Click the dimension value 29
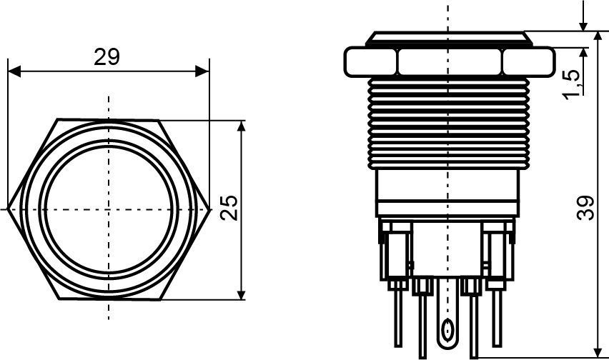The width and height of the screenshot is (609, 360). click(x=107, y=57)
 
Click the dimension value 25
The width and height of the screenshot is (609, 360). click(x=229, y=208)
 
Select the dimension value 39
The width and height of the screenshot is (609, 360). click(x=585, y=209)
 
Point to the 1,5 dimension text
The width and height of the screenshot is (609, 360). click(x=573, y=84)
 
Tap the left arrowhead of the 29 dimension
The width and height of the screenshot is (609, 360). click(x=14, y=71)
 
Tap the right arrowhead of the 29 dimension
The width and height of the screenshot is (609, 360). click(x=202, y=71)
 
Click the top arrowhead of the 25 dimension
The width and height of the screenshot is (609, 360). click(x=241, y=127)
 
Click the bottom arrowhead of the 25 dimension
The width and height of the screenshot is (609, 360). click(x=241, y=294)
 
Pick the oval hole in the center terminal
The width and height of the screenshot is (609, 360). click(x=447, y=329)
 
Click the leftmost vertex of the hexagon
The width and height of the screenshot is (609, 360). click(x=9, y=209)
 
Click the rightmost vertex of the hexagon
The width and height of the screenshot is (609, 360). click(x=209, y=209)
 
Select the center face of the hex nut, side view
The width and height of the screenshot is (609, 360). click(x=450, y=61)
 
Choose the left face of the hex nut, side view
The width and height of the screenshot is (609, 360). click(x=371, y=61)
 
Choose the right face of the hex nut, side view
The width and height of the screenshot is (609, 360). click(x=529, y=61)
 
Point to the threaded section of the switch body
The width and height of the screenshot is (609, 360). click(x=448, y=123)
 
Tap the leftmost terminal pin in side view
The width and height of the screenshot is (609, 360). click(x=397, y=318)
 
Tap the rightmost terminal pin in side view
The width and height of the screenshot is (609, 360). click(x=497, y=318)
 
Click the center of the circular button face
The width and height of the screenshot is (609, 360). click(x=109, y=209)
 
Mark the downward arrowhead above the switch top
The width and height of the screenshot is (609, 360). click(x=583, y=24)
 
